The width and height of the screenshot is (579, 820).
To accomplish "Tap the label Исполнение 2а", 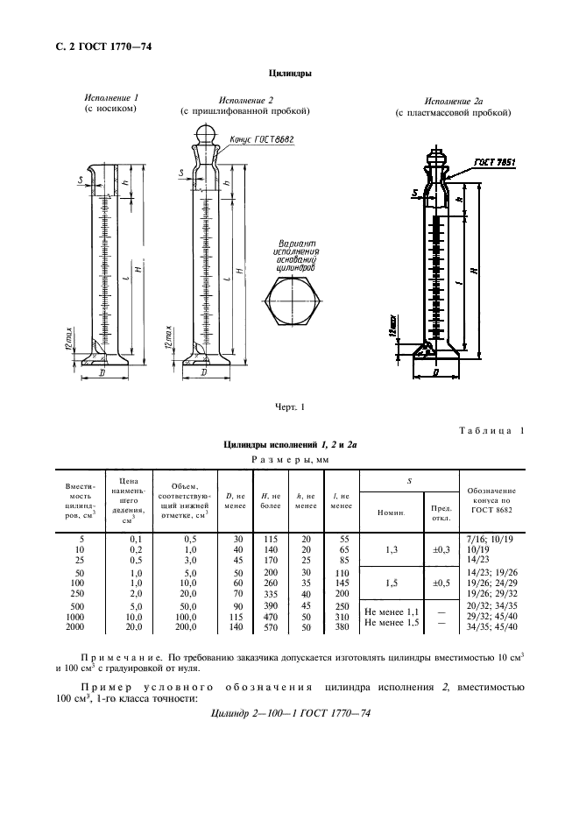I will [x=453, y=102].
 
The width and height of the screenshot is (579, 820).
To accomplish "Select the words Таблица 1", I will [x=491, y=430].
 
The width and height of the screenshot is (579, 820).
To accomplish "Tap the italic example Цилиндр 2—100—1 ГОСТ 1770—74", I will [x=292, y=714].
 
